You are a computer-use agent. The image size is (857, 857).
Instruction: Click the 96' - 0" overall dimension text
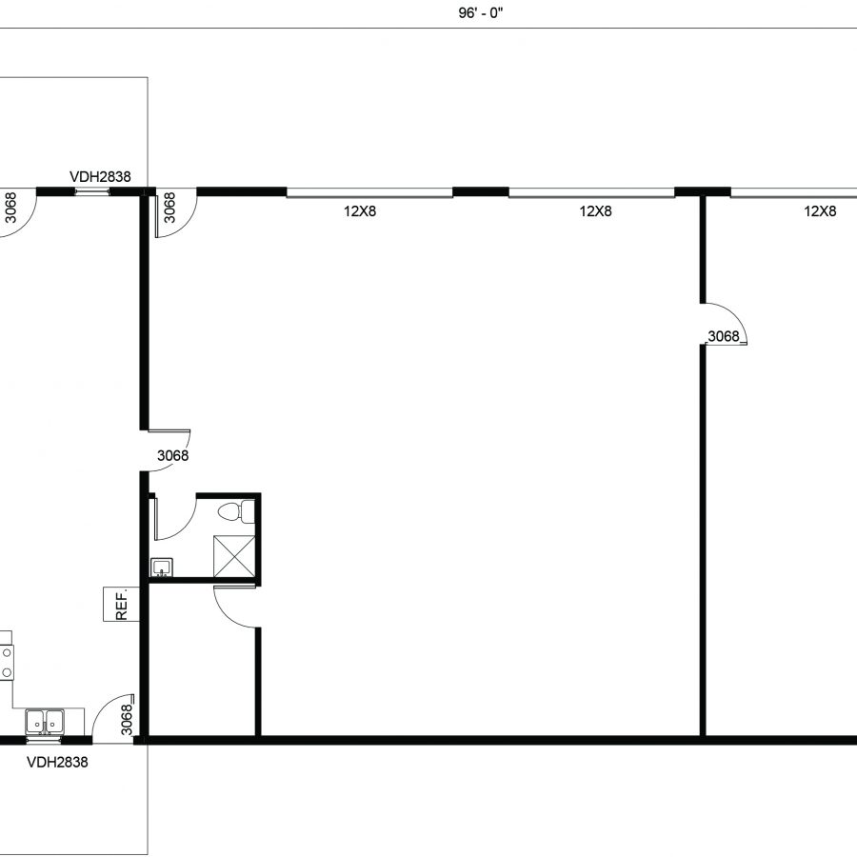click(473, 14)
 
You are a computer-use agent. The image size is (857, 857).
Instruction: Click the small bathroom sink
click(161, 568)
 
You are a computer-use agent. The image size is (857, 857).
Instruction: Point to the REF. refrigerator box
click(122, 605)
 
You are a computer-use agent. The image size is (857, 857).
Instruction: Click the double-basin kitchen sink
click(44, 721)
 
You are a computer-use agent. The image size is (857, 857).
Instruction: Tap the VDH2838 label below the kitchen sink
click(57, 762)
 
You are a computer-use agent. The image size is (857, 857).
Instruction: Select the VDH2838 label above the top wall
click(100, 176)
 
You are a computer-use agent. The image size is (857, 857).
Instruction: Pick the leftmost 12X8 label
click(360, 211)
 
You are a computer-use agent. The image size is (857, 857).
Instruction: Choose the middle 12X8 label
click(595, 211)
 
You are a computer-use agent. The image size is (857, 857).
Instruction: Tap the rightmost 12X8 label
click(820, 211)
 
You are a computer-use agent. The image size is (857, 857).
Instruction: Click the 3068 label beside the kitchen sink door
click(127, 720)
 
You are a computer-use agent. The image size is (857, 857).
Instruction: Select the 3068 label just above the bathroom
click(172, 456)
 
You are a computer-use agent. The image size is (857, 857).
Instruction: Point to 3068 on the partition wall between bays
click(723, 336)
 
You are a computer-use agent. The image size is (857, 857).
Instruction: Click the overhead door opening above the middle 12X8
click(591, 192)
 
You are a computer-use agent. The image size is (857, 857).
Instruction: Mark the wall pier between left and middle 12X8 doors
click(480, 192)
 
